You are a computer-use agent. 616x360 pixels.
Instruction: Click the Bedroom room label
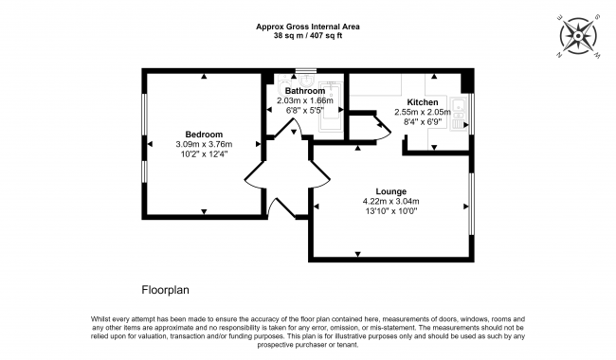pyautogui.click(x=204, y=135)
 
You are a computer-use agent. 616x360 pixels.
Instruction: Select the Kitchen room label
pyautogui.click(x=423, y=102)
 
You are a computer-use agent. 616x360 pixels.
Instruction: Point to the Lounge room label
pyautogui.click(x=390, y=191)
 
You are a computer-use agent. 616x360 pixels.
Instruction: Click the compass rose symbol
pyautogui.click(x=578, y=37)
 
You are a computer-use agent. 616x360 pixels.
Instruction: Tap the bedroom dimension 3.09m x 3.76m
pyautogui.click(x=204, y=144)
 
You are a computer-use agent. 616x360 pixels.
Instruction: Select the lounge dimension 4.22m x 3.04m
pyautogui.click(x=390, y=201)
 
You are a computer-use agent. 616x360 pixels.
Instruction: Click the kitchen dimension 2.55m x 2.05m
pyautogui.click(x=423, y=112)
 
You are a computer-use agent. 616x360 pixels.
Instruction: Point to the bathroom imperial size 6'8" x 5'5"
pyautogui.click(x=305, y=110)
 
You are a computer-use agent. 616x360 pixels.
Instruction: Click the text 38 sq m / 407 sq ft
pyautogui.click(x=308, y=36)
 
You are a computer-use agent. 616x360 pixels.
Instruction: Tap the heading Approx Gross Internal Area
pyautogui.click(x=308, y=27)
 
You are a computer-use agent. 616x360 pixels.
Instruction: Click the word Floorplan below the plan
pyautogui.click(x=166, y=290)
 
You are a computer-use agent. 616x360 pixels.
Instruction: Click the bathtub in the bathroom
pyautogui.click(x=331, y=107)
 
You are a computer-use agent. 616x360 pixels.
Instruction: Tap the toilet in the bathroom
pyautogui.click(x=282, y=85)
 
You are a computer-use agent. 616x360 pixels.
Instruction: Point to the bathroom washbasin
pyautogui.click(x=305, y=81)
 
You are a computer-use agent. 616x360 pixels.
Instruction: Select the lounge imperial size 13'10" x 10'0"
pyautogui.click(x=390, y=211)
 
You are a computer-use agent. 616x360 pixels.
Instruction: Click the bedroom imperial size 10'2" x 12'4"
pyautogui.click(x=204, y=154)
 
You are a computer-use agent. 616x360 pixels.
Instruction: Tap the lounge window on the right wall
pyautogui.click(x=471, y=204)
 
